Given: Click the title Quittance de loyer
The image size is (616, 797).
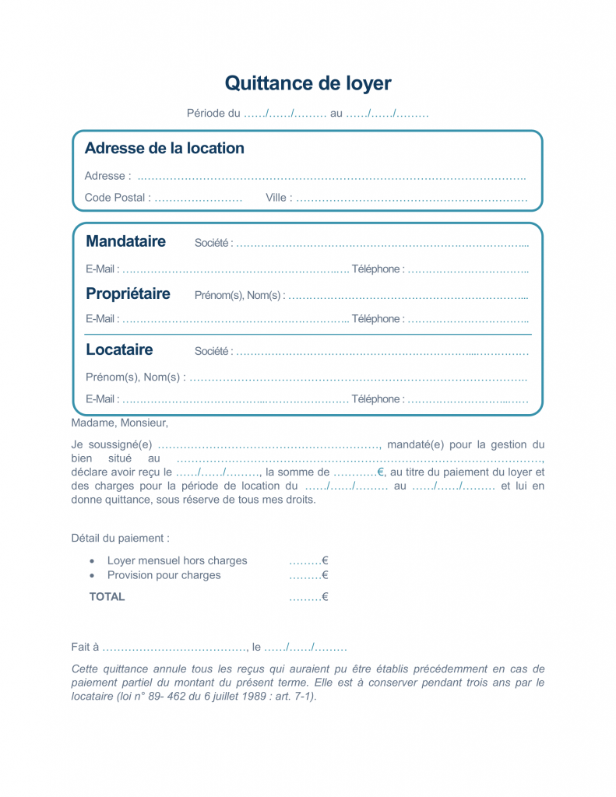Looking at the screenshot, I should [308, 83].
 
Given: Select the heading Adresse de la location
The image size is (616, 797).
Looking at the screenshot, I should [164, 148].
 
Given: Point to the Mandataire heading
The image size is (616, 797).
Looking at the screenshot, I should [125, 241].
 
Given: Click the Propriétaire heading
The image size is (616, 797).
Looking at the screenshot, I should [128, 294].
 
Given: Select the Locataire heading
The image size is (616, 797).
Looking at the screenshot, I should [119, 349].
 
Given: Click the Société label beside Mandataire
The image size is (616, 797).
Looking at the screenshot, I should [211, 244].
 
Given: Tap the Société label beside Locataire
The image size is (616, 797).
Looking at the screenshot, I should [211, 351].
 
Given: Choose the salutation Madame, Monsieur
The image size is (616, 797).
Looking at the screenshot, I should [119, 423].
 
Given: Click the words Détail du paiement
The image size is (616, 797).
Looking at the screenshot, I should [120, 538].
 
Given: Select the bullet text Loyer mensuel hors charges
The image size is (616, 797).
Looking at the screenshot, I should [177, 560].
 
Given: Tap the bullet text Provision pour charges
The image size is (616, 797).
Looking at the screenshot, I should [164, 575].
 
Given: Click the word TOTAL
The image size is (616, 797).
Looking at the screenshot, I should [107, 597].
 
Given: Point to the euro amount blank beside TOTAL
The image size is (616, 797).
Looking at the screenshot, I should [308, 597].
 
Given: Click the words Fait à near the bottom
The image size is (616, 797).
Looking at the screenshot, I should [85, 647].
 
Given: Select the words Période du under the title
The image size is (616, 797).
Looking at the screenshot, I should [213, 114].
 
